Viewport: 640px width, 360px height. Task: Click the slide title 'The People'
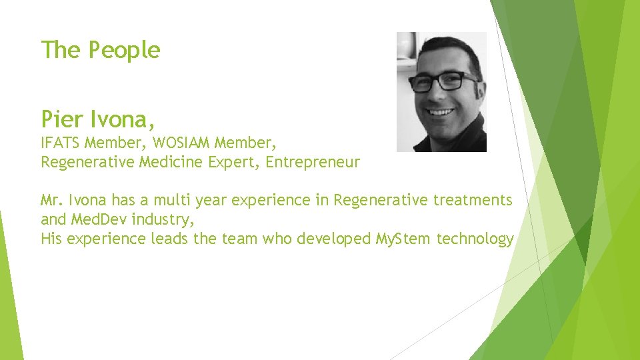[x=101, y=50]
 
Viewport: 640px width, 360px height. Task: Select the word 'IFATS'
[x=60, y=142]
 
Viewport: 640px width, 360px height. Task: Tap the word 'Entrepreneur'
[x=313, y=162]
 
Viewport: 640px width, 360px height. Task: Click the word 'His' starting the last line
[x=52, y=238]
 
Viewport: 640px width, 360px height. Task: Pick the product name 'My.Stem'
[x=403, y=238]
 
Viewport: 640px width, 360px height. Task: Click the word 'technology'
[x=475, y=238]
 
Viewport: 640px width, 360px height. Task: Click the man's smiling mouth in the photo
[x=441, y=113]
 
